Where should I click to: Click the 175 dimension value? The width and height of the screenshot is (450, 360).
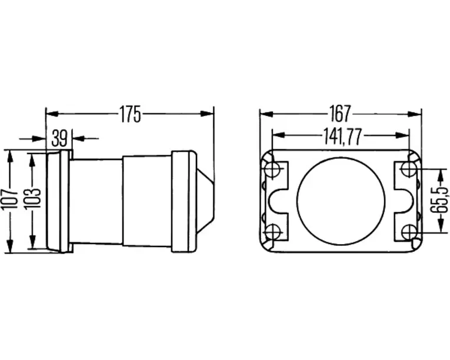130,114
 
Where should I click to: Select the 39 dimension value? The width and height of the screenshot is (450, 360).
59,138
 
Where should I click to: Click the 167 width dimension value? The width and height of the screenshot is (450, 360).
341,114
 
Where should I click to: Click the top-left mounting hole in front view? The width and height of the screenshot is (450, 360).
272,169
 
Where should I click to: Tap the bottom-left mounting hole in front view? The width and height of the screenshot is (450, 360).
272,232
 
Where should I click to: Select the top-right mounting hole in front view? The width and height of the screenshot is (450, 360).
409,169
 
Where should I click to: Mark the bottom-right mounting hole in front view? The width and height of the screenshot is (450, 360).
409,232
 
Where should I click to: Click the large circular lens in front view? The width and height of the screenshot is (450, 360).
341,200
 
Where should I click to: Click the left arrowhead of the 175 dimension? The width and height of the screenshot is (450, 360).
52,114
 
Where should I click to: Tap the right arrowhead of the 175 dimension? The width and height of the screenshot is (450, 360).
208,114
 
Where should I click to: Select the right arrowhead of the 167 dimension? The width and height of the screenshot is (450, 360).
415,114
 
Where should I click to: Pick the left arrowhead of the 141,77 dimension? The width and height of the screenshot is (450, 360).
278,135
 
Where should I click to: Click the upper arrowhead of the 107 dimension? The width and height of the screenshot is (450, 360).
10,156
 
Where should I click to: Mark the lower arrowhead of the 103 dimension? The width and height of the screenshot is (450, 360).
32,241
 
